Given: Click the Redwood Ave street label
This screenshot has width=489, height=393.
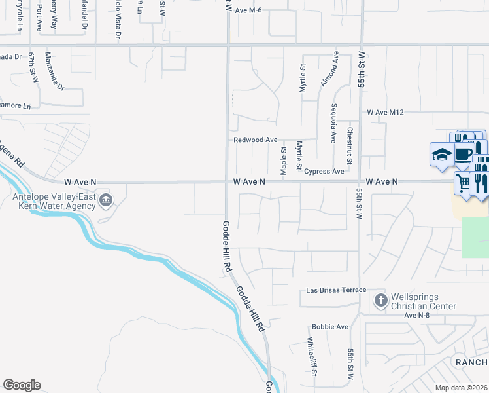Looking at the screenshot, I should point(256,140).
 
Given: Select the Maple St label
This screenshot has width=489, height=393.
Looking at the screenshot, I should point(284,160).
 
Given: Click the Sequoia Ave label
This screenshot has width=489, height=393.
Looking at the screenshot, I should point(333,124).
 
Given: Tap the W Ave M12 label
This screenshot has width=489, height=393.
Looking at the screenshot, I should point(386,113).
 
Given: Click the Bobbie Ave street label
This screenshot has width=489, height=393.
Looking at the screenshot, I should point(330,327).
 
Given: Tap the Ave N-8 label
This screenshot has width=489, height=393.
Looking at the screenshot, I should point(420,316).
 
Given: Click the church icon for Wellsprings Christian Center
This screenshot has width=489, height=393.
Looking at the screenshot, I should point(380,301).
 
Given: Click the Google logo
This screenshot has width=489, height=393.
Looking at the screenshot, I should point(22,385).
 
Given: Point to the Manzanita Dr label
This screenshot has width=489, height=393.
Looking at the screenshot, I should point(56,72).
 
